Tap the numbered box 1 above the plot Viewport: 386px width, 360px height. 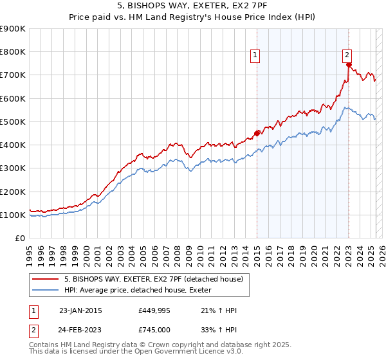pos(255,56)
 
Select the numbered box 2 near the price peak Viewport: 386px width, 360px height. pos(347,55)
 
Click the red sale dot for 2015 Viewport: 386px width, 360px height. pos(257,133)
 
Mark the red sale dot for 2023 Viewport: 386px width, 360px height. pos(348,64)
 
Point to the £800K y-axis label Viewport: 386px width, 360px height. pos(13,52)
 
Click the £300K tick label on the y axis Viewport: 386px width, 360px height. pos(13,168)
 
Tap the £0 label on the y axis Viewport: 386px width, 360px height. pos(20,239)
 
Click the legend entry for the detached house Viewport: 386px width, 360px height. pos(153,279)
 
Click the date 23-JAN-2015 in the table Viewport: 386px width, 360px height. pos(80,310)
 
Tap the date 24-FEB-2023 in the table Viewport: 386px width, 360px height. pos(80,329)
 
